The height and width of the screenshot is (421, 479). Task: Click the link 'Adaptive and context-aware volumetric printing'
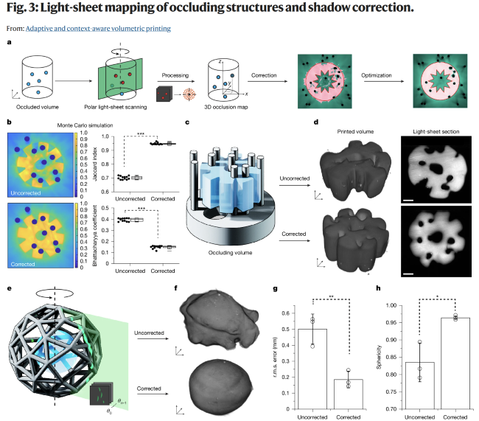pos(98,29)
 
